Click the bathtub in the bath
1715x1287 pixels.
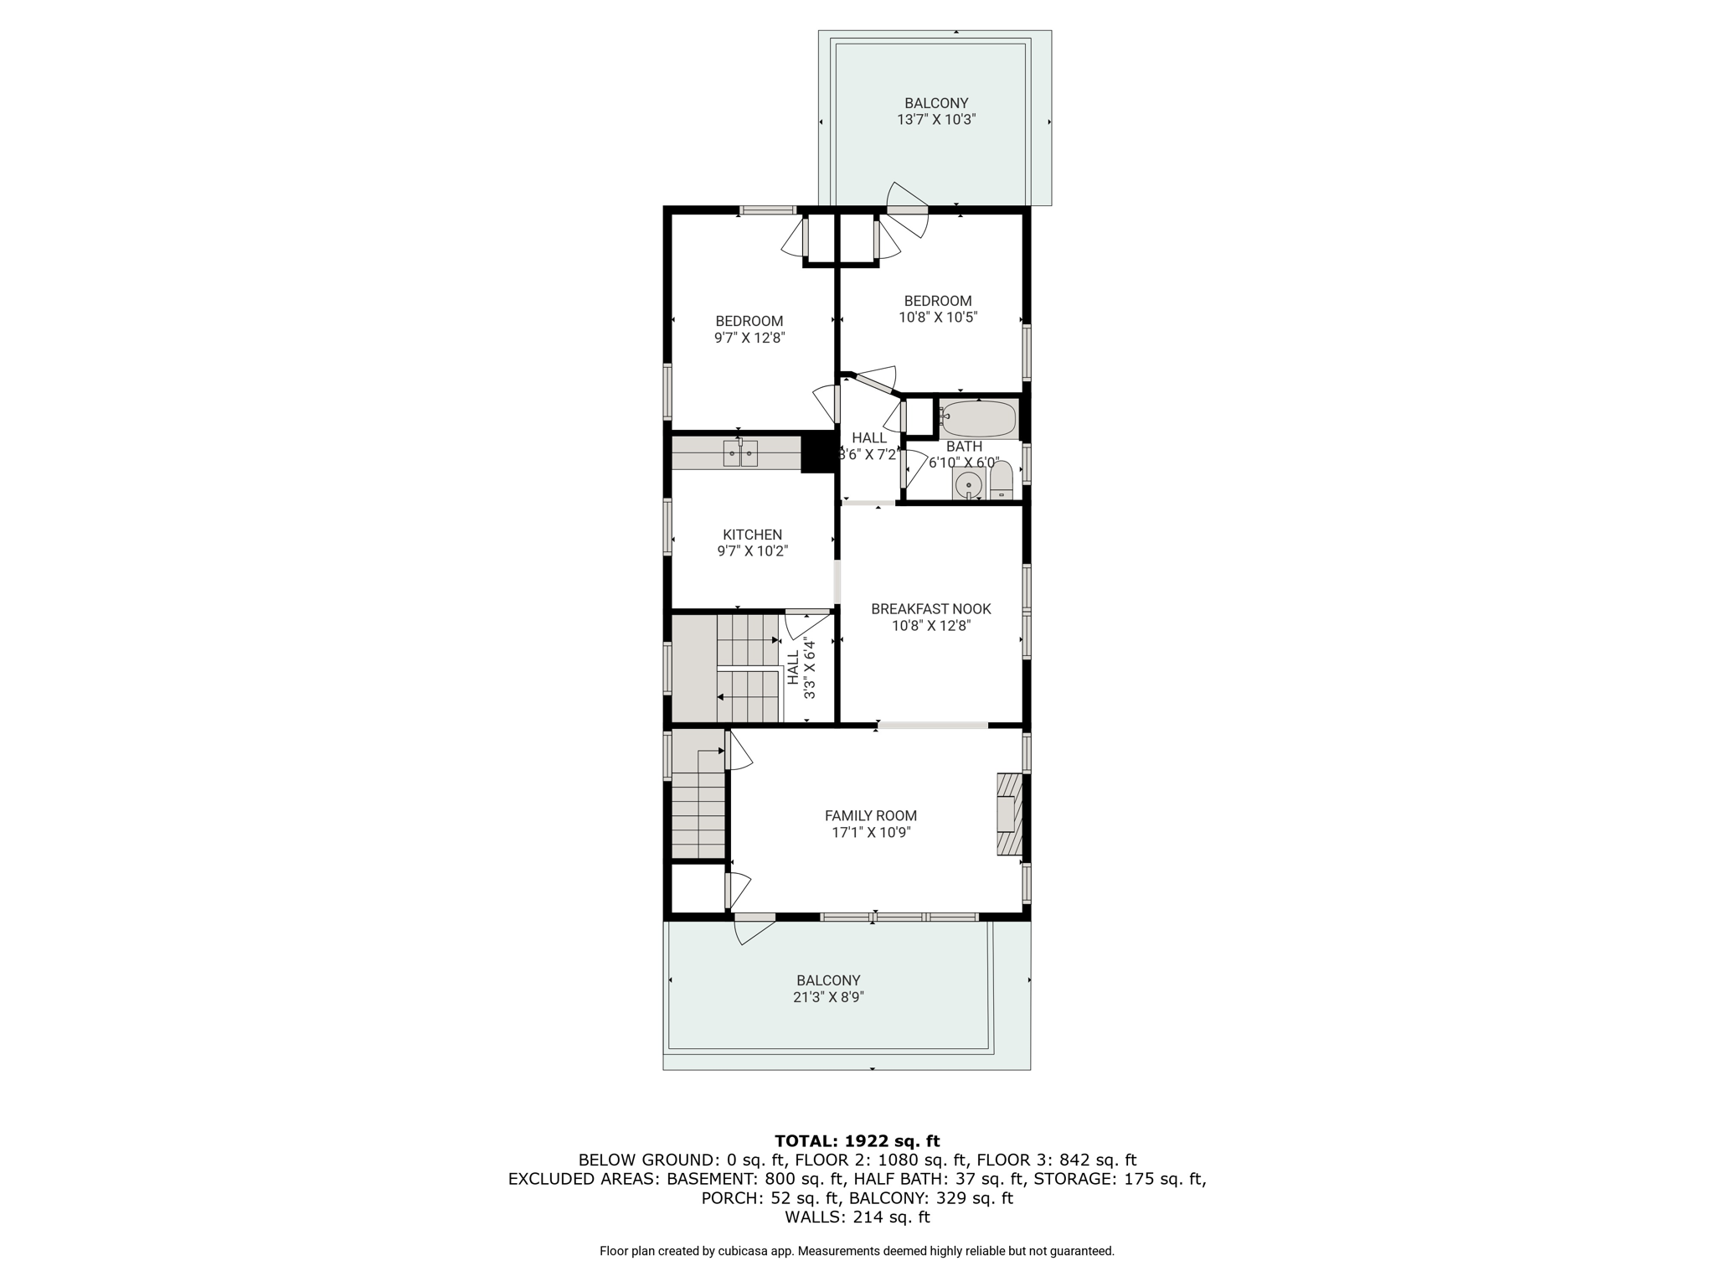977,419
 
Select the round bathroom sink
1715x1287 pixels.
969,484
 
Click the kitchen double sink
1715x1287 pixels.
740,453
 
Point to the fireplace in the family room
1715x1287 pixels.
1009,814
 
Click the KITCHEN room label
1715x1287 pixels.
752,535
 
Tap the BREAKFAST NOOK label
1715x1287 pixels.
930,609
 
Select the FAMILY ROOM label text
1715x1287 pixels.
871,815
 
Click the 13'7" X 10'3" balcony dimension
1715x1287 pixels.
936,120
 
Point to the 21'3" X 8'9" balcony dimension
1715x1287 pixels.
830,997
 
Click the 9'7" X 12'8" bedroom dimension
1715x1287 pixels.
749,338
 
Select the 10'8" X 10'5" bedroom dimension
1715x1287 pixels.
938,318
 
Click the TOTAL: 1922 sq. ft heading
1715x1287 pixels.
857,1141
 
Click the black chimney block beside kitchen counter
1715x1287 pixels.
819,452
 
